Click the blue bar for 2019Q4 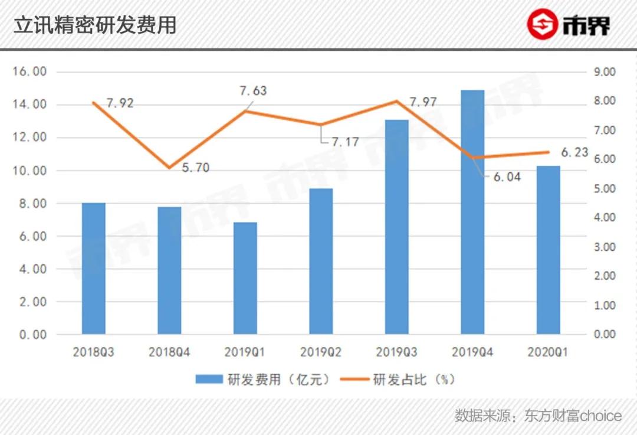point(472,212)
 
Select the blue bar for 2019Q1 point(245,278)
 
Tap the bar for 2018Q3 point(93,269)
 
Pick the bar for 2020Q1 point(548,250)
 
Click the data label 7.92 point(120,103)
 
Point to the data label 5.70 point(195,168)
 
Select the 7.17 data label point(345,142)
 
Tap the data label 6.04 point(507,176)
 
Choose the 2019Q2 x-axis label point(320,353)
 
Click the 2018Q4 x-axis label point(169,353)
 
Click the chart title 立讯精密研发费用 point(95,25)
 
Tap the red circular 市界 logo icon point(542,25)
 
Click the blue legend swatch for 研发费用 point(209,380)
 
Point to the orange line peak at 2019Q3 point(396,101)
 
